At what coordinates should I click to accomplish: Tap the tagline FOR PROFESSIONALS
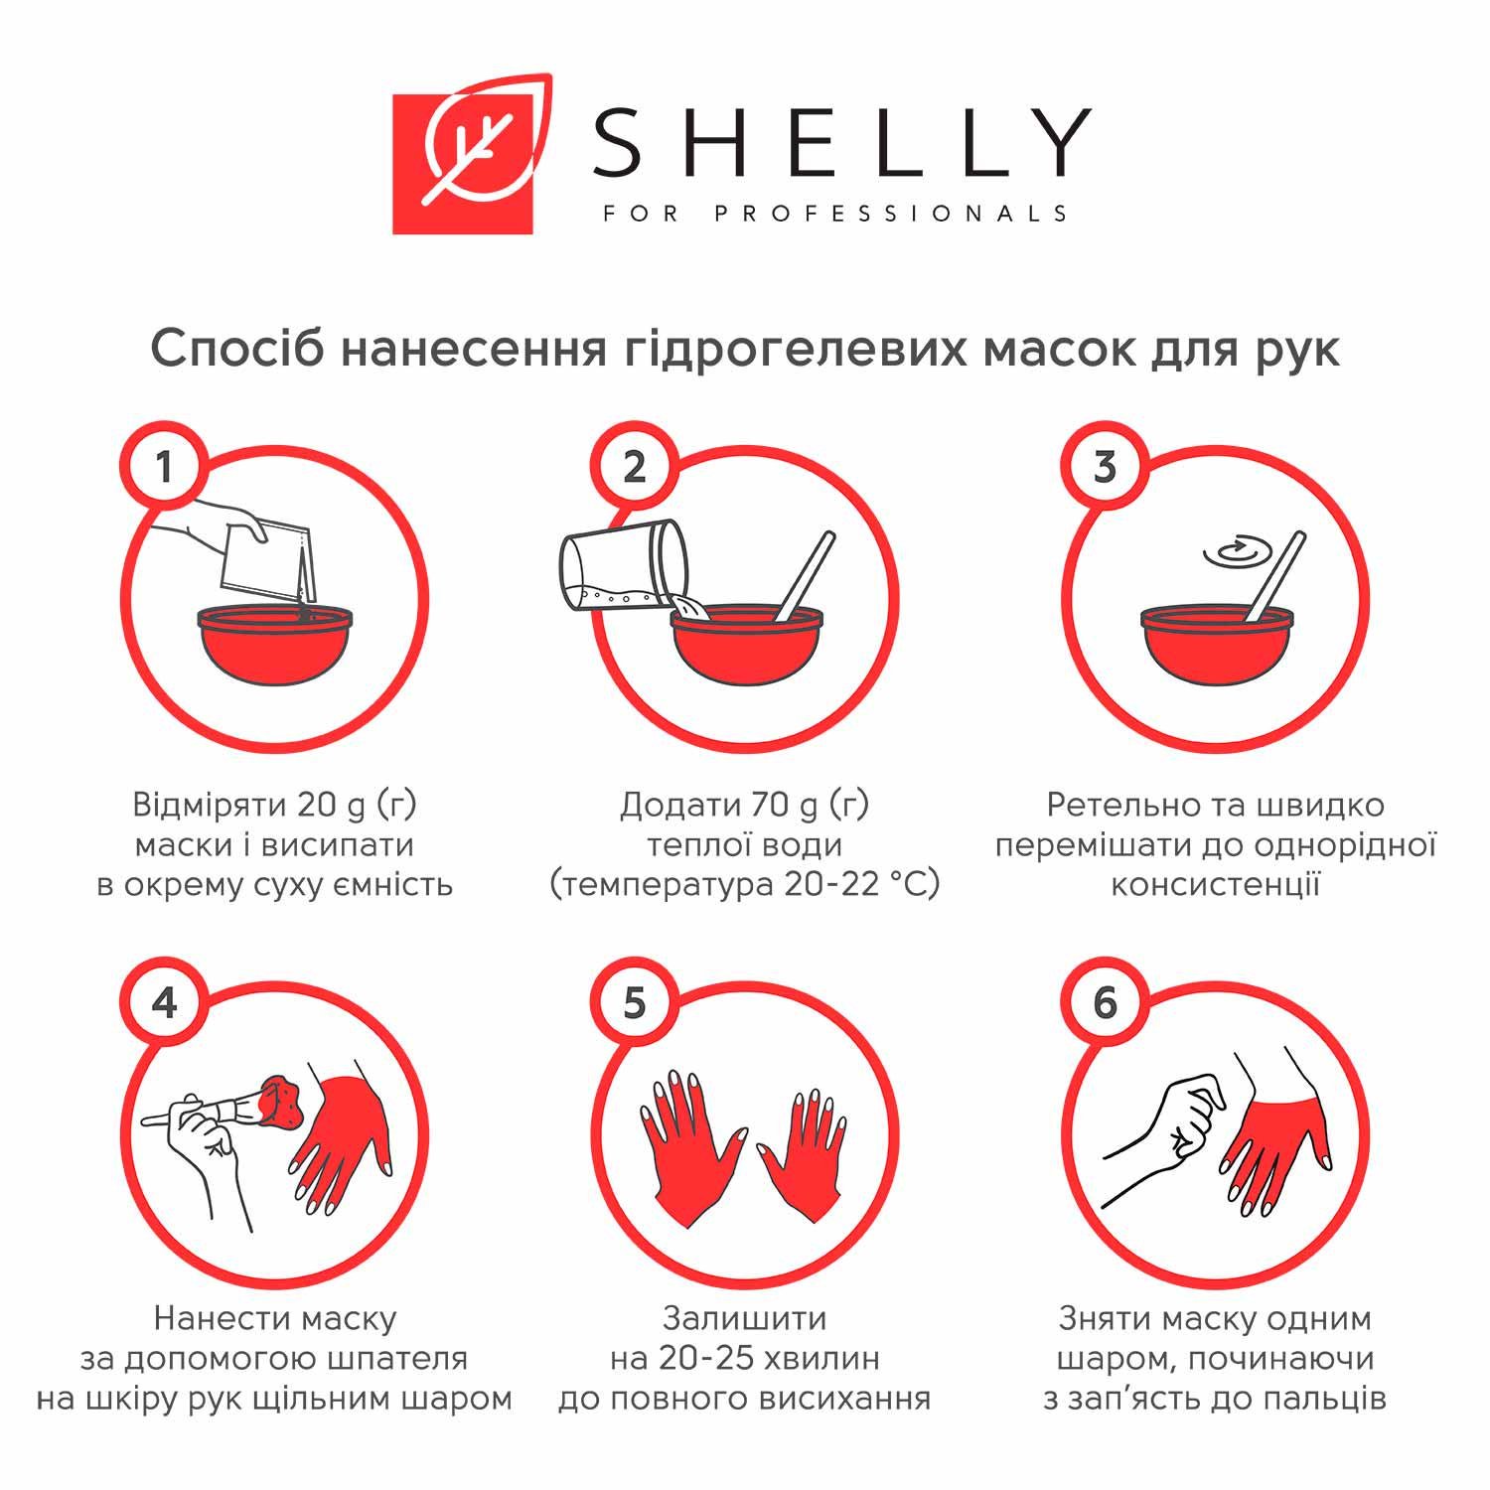pos(835,214)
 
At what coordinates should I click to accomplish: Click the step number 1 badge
pos(165,467)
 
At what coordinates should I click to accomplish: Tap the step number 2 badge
pos(635,467)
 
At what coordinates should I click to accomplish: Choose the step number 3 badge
pos(1105,467)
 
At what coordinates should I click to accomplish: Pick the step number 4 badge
pos(165,1003)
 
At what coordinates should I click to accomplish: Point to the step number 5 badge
pos(635,1003)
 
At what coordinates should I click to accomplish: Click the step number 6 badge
pos(1105,1003)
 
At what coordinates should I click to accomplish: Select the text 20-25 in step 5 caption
pos(697,1358)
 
